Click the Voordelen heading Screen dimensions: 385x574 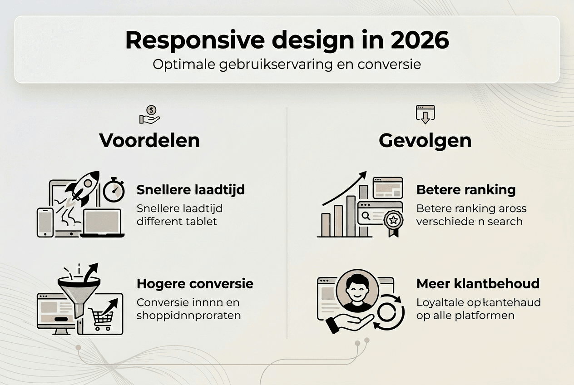click(149, 140)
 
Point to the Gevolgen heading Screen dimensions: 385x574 click(425, 140)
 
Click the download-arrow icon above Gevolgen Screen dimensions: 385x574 click(425, 114)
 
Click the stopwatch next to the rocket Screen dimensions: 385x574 click(114, 191)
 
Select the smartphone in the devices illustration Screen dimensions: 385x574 click(45, 222)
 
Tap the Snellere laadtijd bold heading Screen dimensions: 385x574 click(191, 190)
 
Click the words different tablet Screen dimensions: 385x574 click(177, 222)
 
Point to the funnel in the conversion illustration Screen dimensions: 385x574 click(79, 291)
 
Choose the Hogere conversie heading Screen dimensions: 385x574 click(195, 284)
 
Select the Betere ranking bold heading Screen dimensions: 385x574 click(466, 190)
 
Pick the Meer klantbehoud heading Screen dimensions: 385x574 click(478, 284)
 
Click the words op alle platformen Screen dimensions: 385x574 click(465, 315)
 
